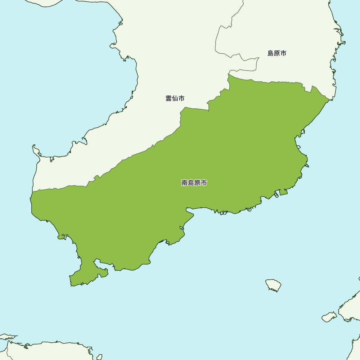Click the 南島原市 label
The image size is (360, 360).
[x=194, y=183]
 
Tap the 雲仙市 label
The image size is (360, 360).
[x=175, y=98]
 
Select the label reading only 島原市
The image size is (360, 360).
[x=277, y=53]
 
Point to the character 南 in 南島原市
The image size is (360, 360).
[x=184, y=183]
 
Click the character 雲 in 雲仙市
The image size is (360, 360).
[x=168, y=98]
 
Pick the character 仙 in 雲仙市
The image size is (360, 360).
[x=175, y=98]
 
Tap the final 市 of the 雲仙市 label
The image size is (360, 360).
[x=181, y=98]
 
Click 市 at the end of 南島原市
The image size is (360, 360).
[x=204, y=183]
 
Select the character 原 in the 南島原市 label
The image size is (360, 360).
[x=197, y=183]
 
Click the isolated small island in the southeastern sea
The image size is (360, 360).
[x=274, y=285]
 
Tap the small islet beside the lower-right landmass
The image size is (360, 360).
[x=328, y=317]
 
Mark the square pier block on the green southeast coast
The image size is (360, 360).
[x=283, y=192]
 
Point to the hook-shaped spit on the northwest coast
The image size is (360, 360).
[x=36, y=149]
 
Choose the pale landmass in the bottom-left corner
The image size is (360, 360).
[x=43, y=351]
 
